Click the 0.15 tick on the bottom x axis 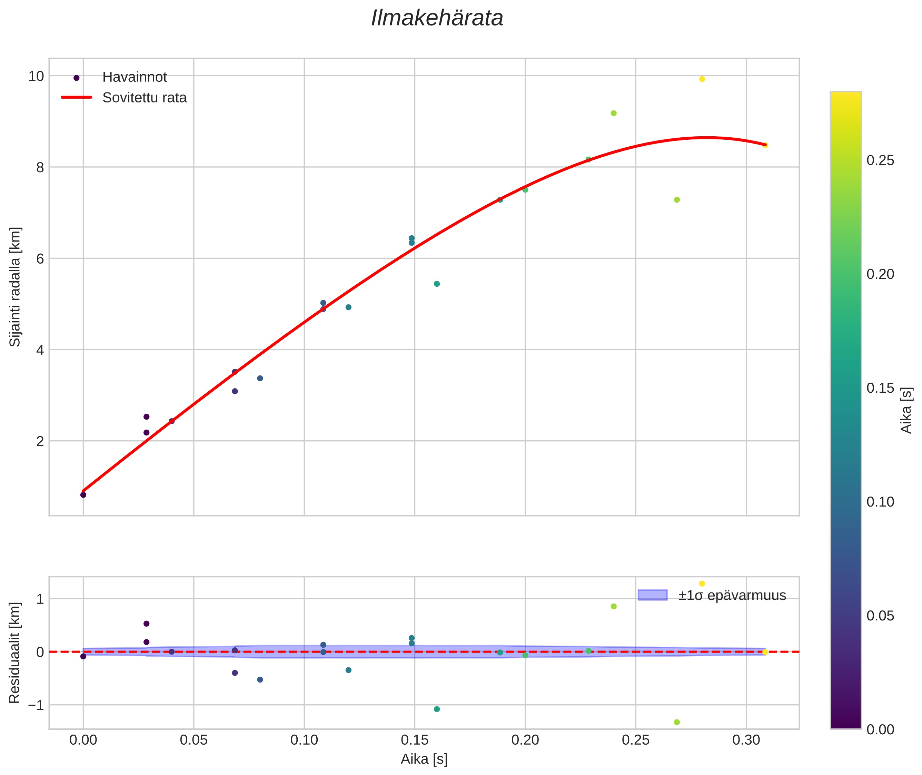pos(415,740)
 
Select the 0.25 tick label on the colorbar pos(880,161)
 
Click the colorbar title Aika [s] pos(906,410)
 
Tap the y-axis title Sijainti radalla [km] pos(16,287)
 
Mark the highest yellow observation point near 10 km pos(702,79)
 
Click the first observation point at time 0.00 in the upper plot pos(83,495)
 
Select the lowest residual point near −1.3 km pos(677,722)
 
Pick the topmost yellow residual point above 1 pos(702,583)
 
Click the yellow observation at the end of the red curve pos(765,145)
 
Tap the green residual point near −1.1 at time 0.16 pos(437,709)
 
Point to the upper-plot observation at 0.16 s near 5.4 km pos(437,284)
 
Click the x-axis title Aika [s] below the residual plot pos(424,759)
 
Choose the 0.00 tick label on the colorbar pos(880,730)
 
